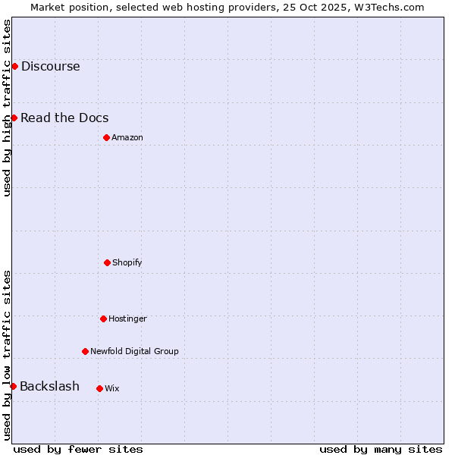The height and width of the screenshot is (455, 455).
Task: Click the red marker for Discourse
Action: [x=14, y=66]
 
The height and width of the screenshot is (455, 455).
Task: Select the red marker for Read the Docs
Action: [x=14, y=118]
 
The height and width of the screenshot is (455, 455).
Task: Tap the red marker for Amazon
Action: [x=106, y=137]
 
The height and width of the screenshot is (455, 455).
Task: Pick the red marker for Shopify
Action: [x=107, y=262]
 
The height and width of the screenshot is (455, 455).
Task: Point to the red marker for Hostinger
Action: [x=103, y=318]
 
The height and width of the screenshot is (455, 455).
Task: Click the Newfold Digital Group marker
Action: [x=85, y=351]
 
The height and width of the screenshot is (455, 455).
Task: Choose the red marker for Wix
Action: [x=99, y=388]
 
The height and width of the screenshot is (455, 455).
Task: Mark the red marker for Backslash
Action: [x=13, y=387]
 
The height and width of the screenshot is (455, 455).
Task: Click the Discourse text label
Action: [x=50, y=66]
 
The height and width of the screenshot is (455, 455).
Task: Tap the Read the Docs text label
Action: [x=64, y=118]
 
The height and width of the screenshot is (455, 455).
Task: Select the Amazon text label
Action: [x=127, y=137]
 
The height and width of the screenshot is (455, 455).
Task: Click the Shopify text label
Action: [x=127, y=262]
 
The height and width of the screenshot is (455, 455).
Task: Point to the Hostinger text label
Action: [x=127, y=318]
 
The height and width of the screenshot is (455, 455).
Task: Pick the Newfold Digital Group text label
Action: [x=134, y=351]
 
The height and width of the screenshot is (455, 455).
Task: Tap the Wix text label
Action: [x=112, y=388]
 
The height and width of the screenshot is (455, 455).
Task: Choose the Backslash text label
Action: [x=49, y=387]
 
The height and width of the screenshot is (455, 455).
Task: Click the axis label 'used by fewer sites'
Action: [x=78, y=449]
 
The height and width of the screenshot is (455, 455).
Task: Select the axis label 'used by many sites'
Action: [x=381, y=449]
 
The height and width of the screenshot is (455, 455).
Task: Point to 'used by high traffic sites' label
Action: [x=7, y=108]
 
